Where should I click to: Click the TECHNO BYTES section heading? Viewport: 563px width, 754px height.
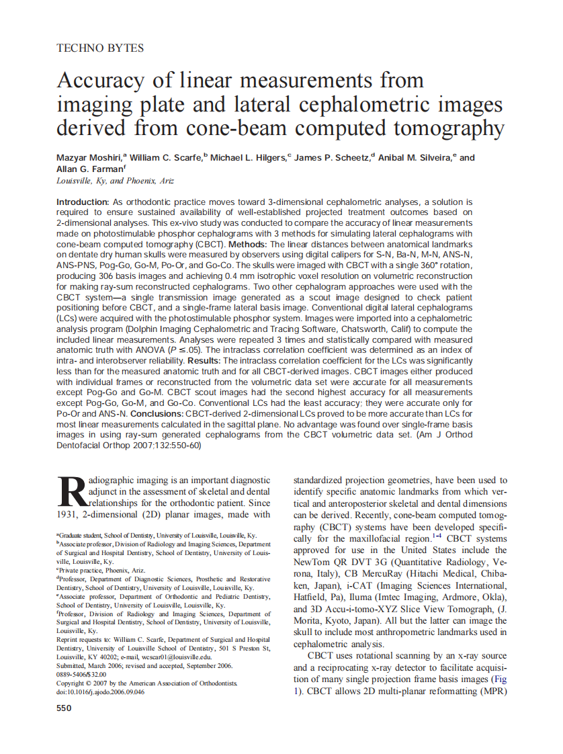point(100,48)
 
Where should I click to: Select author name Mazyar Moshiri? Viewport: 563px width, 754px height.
point(88,158)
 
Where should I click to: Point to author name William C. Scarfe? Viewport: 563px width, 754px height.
point(166,158)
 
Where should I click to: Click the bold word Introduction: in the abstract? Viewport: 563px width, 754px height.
point(83,202)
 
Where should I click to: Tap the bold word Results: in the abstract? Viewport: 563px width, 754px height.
point(205,361)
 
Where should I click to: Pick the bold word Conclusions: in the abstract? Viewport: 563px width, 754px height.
point(151,413)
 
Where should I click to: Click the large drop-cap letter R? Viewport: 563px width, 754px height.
point(69,493)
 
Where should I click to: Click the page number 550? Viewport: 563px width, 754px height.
point(64,708)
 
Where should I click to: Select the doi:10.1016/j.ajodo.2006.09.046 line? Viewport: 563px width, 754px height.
point(100,692)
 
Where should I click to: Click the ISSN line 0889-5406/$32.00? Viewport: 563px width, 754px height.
point(81,675)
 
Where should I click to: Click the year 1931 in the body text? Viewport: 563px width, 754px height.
point(69,515)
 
